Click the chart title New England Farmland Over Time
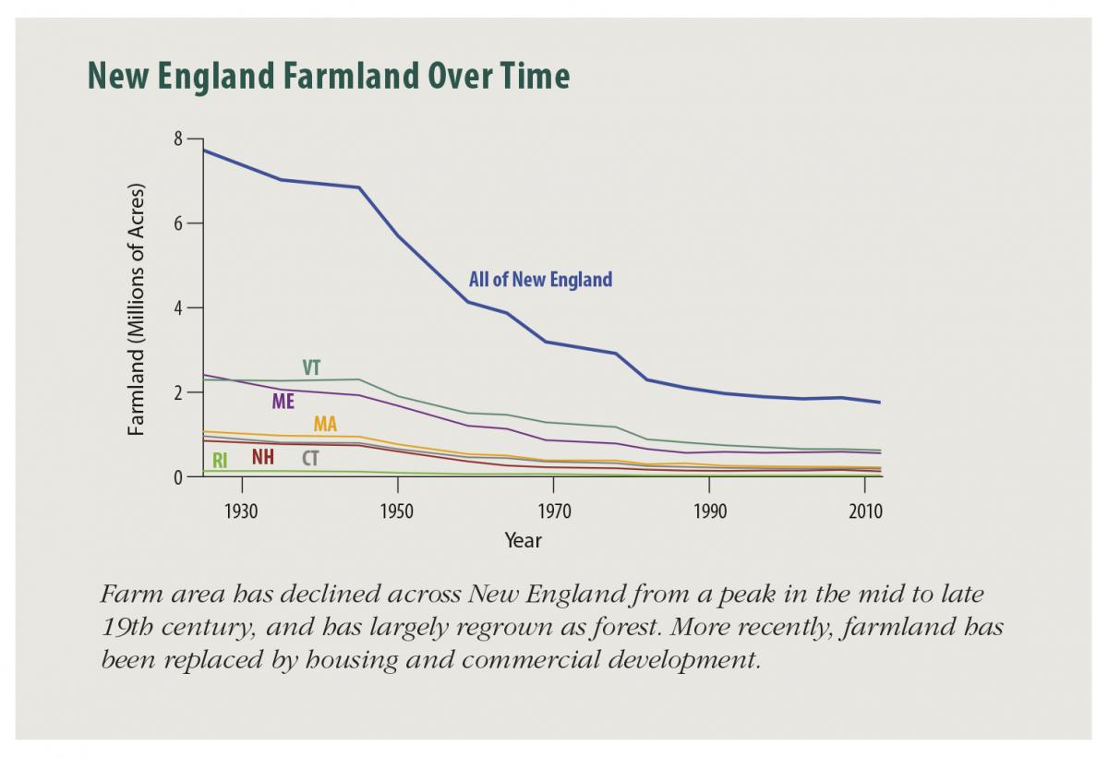329,76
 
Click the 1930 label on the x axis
241,511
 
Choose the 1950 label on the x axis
397,511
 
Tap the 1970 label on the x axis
553,511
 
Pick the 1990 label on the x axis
709,511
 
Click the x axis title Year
523,541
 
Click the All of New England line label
540,280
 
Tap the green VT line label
311,367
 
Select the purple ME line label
283,402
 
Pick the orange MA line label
325,425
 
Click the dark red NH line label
263,457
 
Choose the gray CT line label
310,458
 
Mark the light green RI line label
220,460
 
